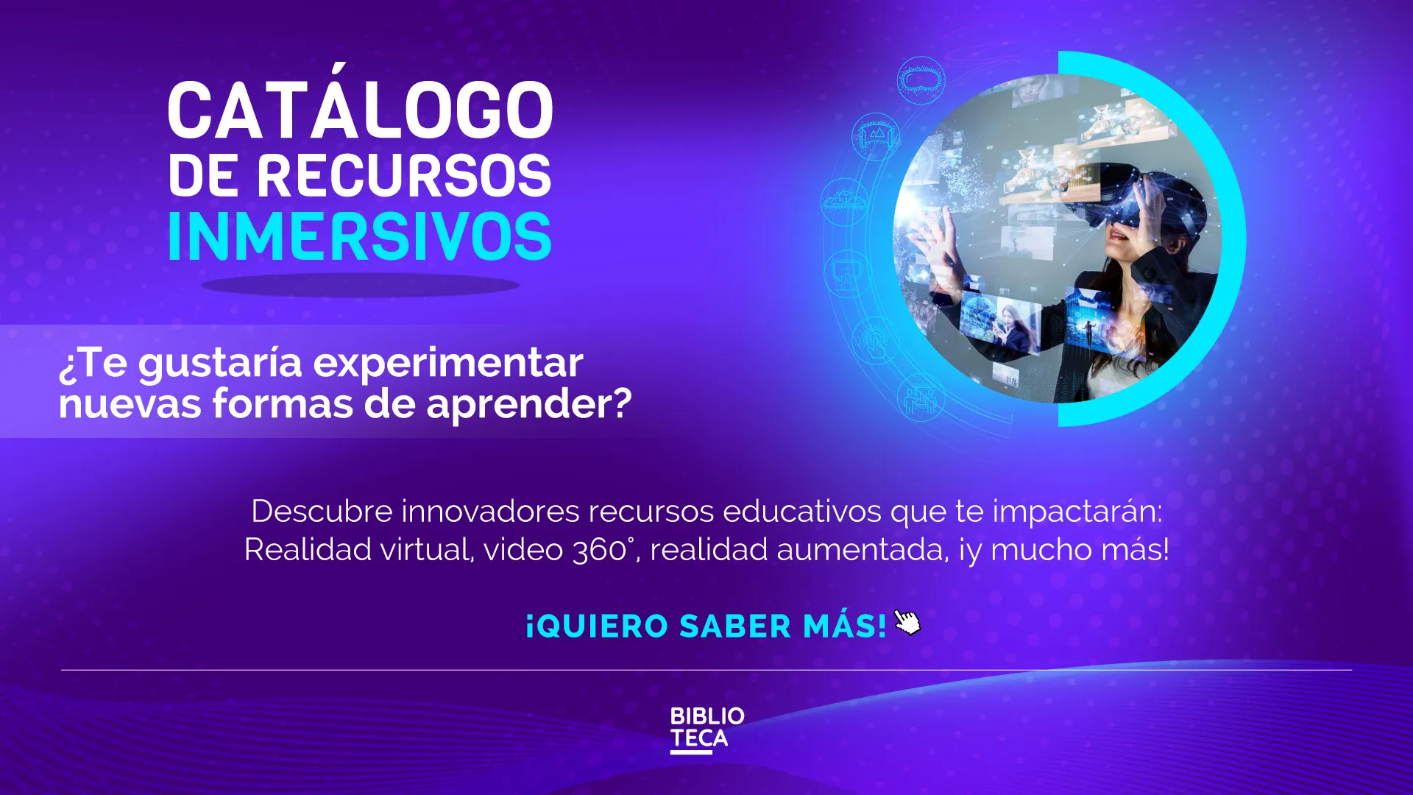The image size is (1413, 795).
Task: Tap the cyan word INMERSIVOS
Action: [360, 237]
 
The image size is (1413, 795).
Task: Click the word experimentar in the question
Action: [448, 364]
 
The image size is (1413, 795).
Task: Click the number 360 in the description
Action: [599, 550]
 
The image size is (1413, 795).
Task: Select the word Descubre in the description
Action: [322, 511]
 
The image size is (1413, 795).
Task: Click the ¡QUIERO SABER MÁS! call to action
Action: [706, 626]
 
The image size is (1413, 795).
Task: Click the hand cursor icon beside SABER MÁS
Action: [907, 623]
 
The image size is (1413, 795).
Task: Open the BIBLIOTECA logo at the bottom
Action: [706, 729]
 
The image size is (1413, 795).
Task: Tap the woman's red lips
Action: [1118, 236]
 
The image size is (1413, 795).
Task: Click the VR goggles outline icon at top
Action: [921, 79]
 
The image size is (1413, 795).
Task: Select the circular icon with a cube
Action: [844, 200]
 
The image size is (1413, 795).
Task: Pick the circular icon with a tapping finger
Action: [875, 340]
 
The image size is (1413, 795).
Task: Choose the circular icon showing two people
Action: [920, 398]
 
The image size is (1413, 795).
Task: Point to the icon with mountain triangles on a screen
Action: [876, 136]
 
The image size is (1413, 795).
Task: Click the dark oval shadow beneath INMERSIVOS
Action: [360, 285]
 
